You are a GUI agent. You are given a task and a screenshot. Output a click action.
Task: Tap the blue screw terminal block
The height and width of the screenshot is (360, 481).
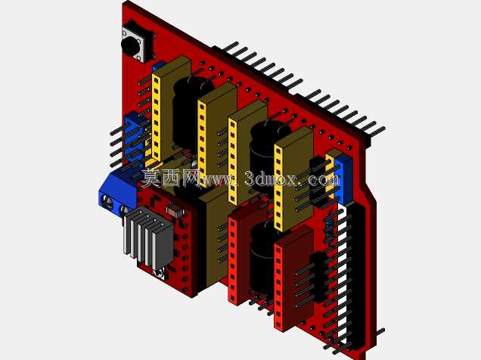coord(118,193)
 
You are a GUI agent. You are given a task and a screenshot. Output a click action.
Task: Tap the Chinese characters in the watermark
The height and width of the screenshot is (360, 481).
coord(170,178)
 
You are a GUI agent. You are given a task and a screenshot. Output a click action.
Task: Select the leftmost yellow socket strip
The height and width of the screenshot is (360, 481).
coord(156,117)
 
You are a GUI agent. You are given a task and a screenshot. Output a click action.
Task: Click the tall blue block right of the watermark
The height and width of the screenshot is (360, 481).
coord(342,181)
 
